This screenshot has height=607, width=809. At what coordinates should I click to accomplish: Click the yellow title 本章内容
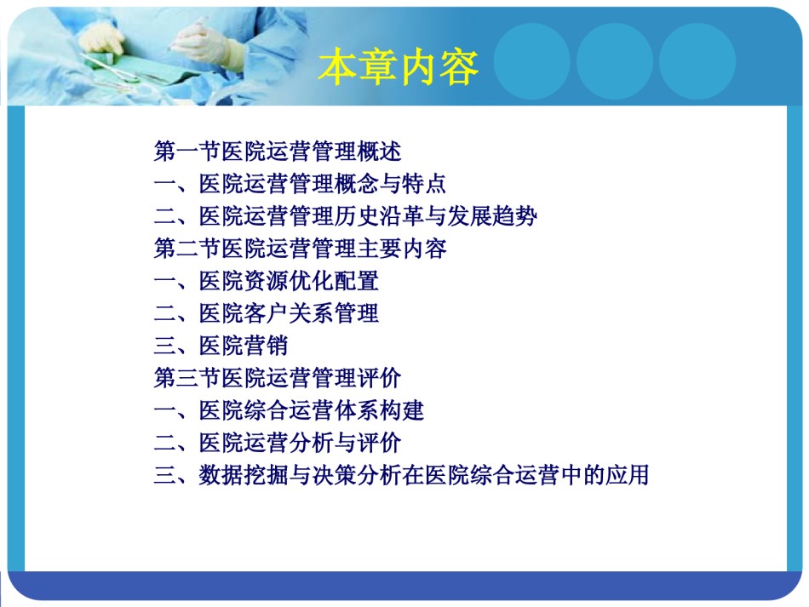coord(399,67)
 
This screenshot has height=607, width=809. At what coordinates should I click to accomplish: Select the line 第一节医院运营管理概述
coord(278,151)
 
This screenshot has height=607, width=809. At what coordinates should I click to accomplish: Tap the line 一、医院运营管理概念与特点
coord(300,184)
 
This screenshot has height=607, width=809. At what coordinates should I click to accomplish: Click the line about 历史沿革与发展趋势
coord(345,216)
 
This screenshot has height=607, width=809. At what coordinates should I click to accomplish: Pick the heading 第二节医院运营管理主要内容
coord(300,249)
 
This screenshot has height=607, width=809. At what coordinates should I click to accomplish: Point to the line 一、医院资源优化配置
coord(267,281)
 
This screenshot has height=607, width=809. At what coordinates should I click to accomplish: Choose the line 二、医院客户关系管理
coord(267,313)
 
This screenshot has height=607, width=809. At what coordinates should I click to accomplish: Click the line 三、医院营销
coord(221,346)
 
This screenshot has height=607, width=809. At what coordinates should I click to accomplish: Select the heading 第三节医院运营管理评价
coord(278,378)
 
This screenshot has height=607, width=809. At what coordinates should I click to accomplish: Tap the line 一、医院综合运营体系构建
coord(289,410)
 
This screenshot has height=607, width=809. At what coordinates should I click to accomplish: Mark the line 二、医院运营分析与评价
coord(278,443)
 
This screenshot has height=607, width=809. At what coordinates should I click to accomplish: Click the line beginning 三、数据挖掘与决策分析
coord(401,475)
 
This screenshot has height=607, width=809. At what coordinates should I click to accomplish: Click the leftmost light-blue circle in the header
coord(532,61)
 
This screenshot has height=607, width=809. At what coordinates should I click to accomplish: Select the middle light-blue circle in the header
coord(615,61)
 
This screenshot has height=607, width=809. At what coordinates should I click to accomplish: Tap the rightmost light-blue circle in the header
coord(697,61)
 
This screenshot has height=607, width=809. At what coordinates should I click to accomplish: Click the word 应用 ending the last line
coord(627,475)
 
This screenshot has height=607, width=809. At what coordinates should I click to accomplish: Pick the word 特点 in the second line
coord(424,184)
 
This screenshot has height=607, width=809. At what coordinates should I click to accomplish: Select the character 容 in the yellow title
coord(459,67)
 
